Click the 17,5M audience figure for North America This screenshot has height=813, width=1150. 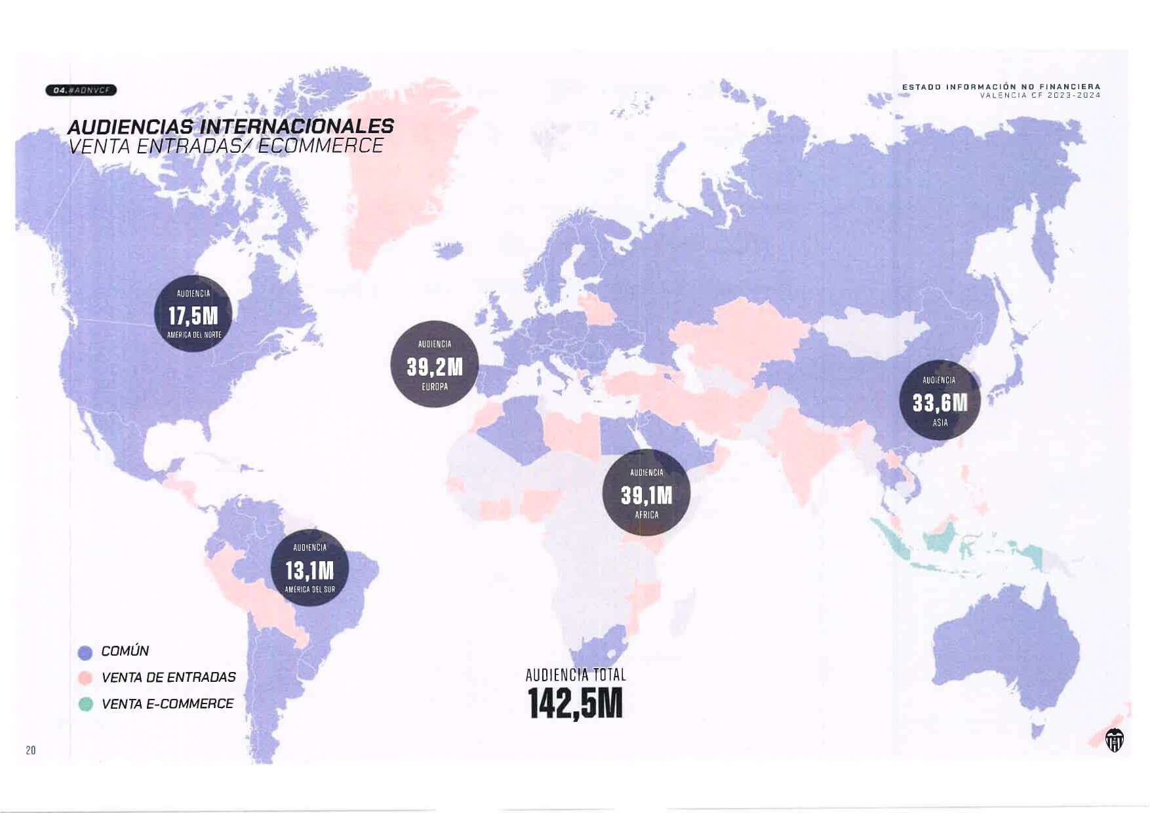193,316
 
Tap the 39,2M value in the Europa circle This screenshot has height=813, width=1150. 435,367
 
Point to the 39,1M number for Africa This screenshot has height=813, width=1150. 646,495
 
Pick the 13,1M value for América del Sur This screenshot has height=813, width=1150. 309,570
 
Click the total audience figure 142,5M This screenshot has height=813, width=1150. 575,704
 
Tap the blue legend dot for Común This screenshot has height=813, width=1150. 85,652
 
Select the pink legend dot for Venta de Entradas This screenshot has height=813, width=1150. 85,678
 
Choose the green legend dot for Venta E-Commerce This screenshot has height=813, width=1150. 85,705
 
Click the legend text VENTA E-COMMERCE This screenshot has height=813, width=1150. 168,704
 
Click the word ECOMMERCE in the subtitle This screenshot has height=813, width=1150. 321,146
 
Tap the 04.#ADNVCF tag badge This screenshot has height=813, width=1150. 81,90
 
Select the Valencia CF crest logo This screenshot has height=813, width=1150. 1114,740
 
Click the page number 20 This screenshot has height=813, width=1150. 31,750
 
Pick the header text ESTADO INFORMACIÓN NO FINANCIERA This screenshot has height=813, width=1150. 1001,87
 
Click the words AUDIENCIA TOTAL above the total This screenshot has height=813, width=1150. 576,675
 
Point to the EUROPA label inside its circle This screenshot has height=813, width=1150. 435,387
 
